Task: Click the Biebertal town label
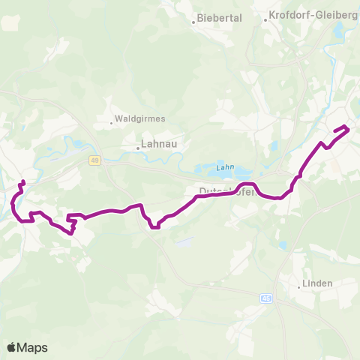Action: click(x=219, y=18)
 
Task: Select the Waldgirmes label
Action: click(x=139, y=118)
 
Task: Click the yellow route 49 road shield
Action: click(x=94, y=160)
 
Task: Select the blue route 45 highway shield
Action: click(x=268, y=298)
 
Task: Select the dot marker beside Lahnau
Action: click(x=138, y=147)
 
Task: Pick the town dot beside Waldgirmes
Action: click(x=111, y=121)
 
